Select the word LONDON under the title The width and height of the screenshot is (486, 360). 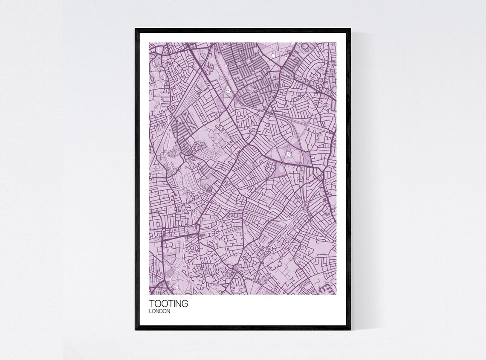pos(160,311)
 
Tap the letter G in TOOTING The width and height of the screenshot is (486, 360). pos(184,304)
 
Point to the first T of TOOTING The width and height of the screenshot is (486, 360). pos(152,304)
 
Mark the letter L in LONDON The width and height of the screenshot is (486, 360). pos(150,311)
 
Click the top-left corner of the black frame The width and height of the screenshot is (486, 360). pos(136,29)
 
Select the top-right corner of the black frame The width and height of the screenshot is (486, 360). pos(350,29)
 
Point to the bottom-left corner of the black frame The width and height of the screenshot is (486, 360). pos(136,330)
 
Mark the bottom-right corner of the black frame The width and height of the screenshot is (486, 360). pos(350,330)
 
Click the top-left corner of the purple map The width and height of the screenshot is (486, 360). pos(149,42)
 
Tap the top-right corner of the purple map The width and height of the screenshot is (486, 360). pos(336,42)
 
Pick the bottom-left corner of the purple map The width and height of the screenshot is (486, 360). pos(149,295)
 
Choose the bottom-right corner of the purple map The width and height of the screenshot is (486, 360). pos(336,295)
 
